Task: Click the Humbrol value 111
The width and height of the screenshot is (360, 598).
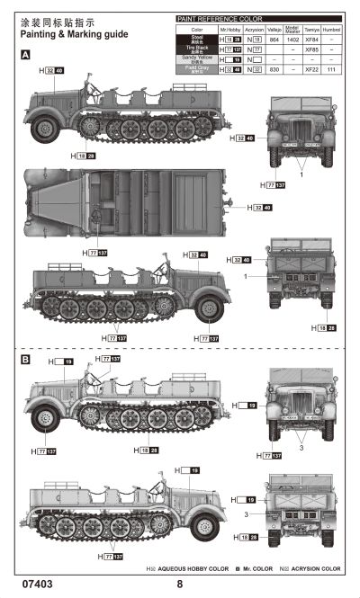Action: (331, 68)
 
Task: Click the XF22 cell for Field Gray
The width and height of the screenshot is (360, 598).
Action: (311, 68)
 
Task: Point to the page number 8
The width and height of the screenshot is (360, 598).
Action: (180, 584)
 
